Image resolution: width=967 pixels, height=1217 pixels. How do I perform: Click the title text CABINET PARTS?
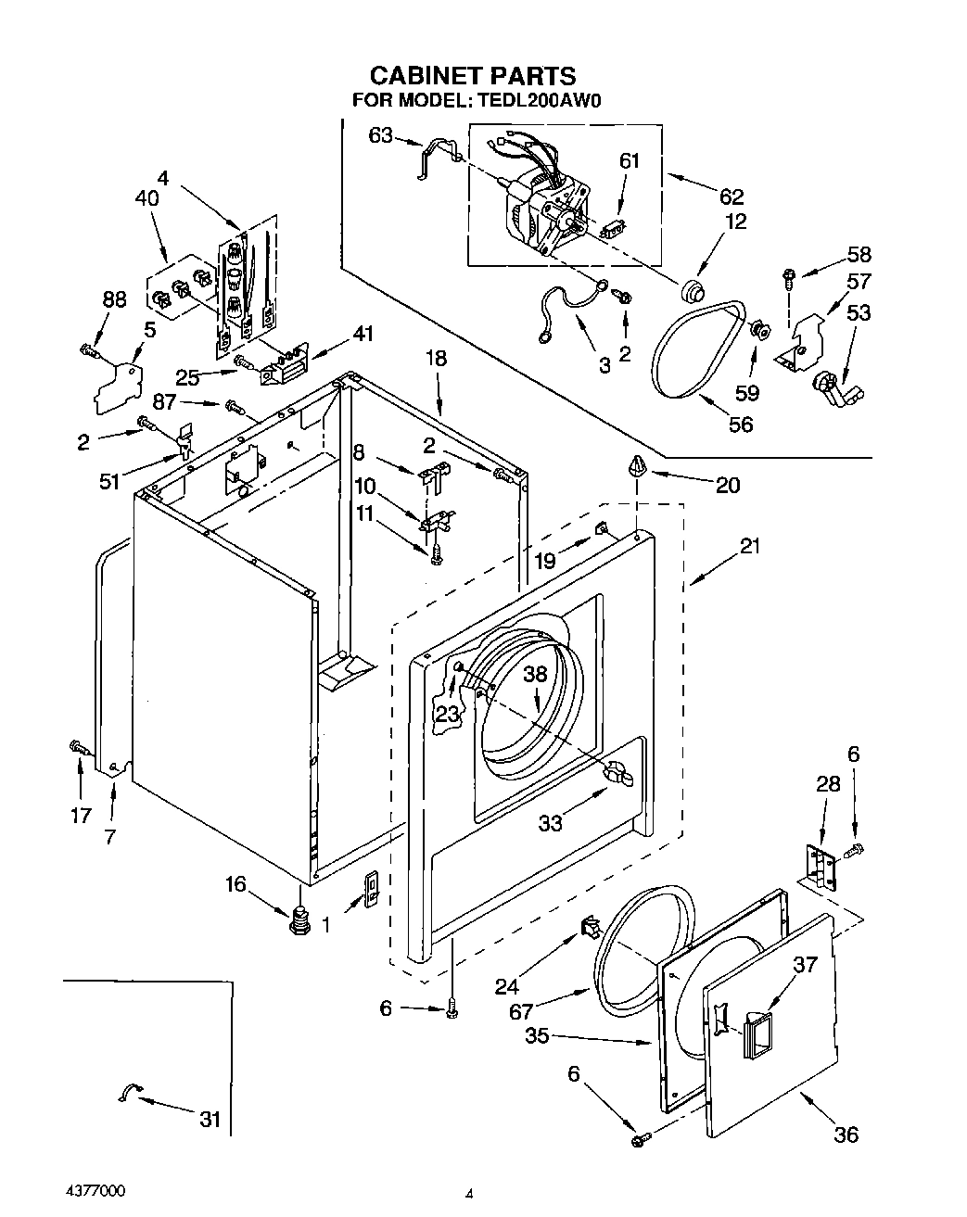pos(473,75)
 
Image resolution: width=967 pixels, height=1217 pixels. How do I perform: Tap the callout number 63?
pos(381,135)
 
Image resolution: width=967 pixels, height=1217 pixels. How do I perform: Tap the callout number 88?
pos(114,300)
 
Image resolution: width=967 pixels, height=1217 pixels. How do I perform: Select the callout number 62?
pos(732,196)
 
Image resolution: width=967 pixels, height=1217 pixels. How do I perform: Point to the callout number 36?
pos(846,1134)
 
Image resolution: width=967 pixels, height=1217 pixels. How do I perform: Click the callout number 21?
pos(749,546)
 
